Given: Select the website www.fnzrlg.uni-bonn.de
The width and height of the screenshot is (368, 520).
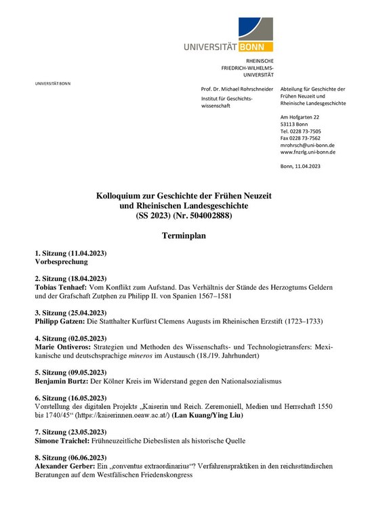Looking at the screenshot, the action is pyautogui.click(x=308, y=152).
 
